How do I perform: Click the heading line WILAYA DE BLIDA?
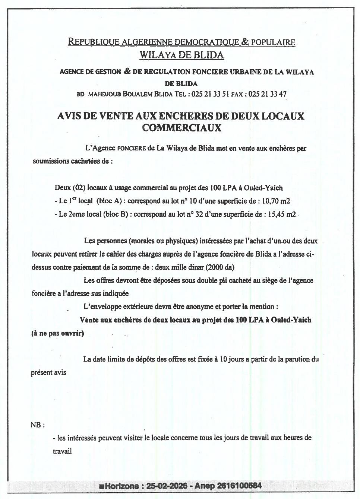point(181,55)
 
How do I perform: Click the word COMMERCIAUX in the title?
point(181,128)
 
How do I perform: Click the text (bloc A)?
point(110,201)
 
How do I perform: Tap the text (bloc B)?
point(114,214)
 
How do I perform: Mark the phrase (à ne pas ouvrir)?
point(57,333)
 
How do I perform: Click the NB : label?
point(38,425)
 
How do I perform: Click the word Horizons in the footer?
point(122,486)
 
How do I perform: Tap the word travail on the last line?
point(62,451)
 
